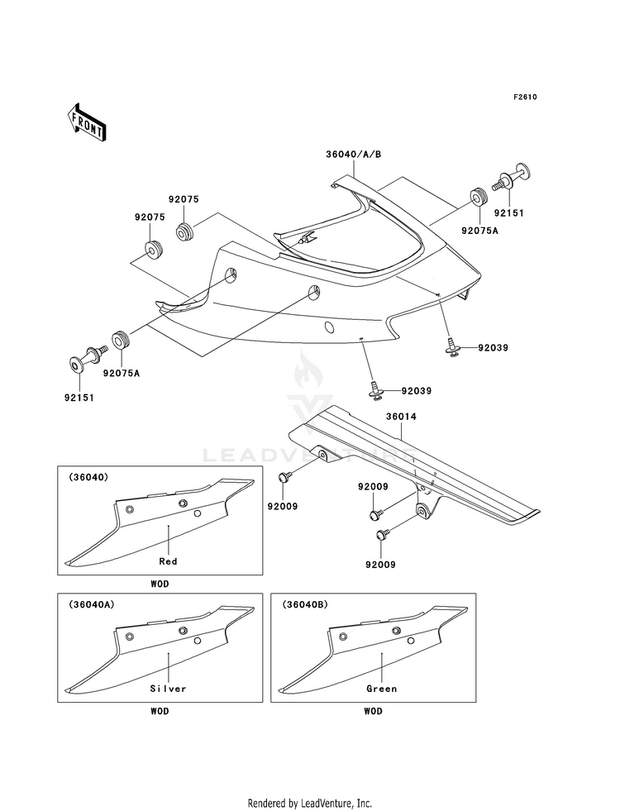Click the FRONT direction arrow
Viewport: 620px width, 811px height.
coord(86,122)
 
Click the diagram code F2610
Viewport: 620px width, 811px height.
coord(525,97)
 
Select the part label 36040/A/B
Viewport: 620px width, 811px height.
coord(354,154)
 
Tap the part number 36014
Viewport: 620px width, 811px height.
coord(401,417)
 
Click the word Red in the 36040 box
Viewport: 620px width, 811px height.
coord(168,561)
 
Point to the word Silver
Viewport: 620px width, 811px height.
coord(168,689)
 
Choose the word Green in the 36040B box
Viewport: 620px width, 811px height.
coord(382,689)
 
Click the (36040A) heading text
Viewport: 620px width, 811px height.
coord(91,604)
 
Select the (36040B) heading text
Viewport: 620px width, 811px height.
coord(304,604)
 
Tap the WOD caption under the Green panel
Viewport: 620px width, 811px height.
coord(374,711)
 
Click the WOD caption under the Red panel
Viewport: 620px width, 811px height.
coord(160,584)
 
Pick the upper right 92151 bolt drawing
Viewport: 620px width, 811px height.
coord(512,179)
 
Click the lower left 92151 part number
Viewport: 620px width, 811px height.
coord(79,398)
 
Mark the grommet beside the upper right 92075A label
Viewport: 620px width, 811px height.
coord(478,198)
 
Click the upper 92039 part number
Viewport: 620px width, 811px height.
coord(493,347)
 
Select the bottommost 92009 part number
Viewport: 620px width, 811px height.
coord(380,565)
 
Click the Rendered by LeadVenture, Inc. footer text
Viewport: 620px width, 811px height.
coord(310,804)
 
